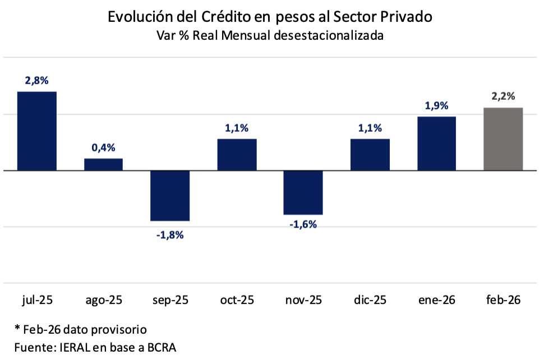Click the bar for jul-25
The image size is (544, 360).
click(x=37, y=131)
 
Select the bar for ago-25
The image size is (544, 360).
click(x=104, y=164)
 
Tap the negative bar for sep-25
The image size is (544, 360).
click(x=170, y=196)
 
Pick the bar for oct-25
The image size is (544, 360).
click(x=237, y=154)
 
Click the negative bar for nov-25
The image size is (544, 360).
click(x=303, y=192)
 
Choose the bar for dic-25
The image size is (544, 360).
click(x=370, y=154)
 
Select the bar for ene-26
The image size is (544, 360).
click(x=436, y=143)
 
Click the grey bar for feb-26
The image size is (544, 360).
click(x=503, y=139)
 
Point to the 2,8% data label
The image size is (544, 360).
click(x=37, y=81)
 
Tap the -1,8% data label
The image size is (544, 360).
click(x=170, y=235)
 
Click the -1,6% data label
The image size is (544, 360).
click(x=303, y=225)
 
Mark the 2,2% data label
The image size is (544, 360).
click(x=503, y=96)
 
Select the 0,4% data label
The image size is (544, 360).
click(x=104, y=148)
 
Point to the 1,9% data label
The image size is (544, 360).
click(x=436, y=105)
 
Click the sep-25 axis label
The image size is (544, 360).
click(x=170, y=300)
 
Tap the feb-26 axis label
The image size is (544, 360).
click(x=503, y=300)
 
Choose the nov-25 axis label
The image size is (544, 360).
click(x=303, y=300)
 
